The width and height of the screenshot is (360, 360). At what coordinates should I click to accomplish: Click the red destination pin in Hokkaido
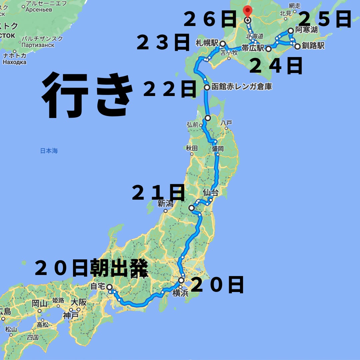(x=247, y=11)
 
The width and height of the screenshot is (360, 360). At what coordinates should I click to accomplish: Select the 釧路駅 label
(x=313, y=46)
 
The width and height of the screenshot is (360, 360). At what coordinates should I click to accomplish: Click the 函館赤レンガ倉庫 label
(x=242, y=87)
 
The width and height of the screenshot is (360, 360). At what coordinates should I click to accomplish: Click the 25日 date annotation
(x=325, y=19)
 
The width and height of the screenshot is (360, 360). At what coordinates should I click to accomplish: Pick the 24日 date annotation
(x=276, y=66)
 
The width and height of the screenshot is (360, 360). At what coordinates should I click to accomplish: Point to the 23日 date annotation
(x=163, y=43)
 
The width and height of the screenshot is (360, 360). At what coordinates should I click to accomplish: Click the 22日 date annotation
(x=170, y=89)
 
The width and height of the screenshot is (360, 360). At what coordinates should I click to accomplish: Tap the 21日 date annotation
(x=158, y=193)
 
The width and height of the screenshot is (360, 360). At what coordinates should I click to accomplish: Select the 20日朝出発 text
(x=91, y=268)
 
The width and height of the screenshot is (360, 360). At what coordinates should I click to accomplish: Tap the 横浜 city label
(x=180, y=293)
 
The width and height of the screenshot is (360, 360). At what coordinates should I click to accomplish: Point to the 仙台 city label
(x=210, y=192)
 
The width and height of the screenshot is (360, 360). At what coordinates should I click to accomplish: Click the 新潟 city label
(x=166, y=203)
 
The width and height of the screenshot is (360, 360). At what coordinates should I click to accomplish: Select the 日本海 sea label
(x=49, y=151)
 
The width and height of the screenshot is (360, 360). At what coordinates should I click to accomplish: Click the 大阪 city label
(x=79, y=302)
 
